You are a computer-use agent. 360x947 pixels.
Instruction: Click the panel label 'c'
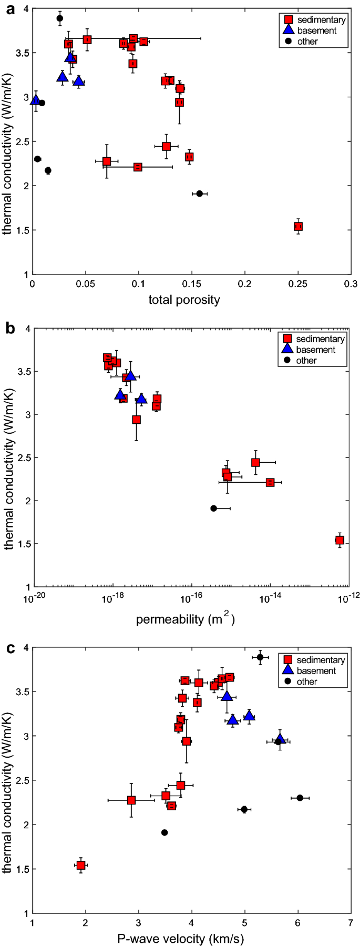(x=9, y=647)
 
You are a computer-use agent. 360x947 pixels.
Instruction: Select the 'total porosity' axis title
(x=184, y=300)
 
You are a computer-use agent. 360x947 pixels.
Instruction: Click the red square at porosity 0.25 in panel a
(x=298, y=226)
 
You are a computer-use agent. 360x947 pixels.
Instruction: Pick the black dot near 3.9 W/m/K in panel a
(x=60, y=18)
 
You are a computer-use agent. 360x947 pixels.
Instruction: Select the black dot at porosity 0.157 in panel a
(x=199, y=194)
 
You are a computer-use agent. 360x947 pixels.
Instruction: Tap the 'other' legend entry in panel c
(x=306, y=681)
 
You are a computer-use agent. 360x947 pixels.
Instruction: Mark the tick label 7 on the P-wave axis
(x=351, y=923)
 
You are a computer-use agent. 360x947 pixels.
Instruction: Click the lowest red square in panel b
(x=340, y=540)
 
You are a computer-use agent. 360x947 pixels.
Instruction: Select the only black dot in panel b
(x=213, y=508)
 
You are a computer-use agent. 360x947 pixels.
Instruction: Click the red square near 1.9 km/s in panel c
(x=81, y=865)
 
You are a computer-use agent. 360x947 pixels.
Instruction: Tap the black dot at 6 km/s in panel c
(x=300, y=798)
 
